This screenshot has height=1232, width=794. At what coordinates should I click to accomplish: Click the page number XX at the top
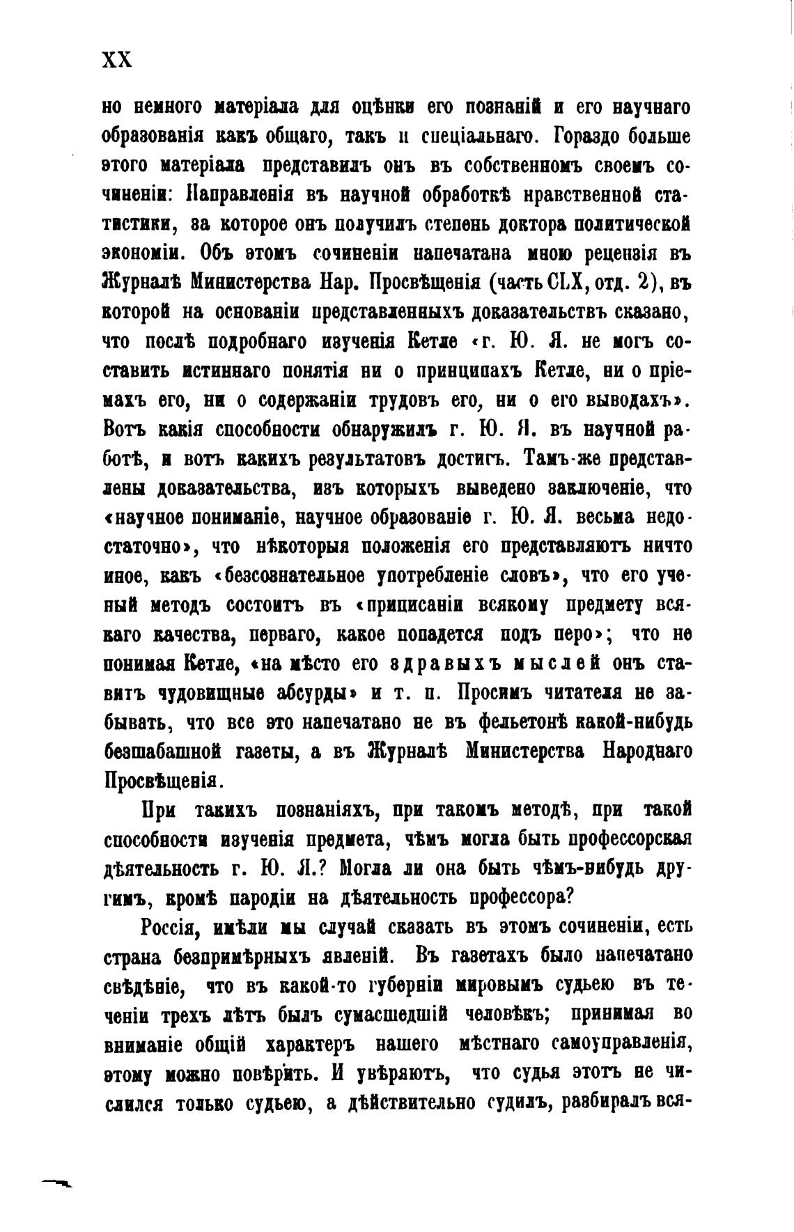tap(116, 61)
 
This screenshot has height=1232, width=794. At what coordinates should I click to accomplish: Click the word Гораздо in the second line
tap(592, 137)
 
